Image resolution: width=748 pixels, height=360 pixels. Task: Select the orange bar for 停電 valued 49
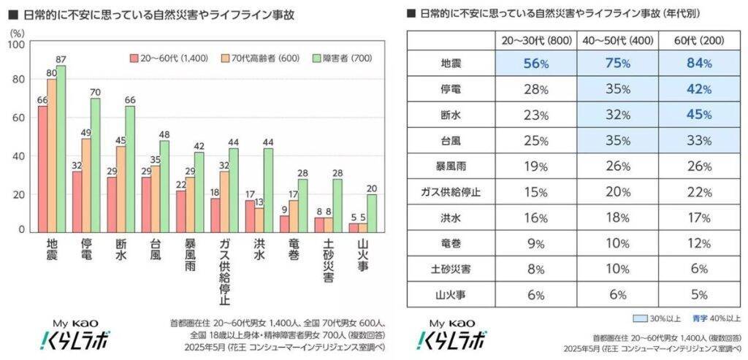point(86,185)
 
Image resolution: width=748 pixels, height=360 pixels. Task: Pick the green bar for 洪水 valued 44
point(268,190)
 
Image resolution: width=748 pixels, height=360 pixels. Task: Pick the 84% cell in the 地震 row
point(699,64)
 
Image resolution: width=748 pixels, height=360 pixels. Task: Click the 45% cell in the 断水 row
point(699,114)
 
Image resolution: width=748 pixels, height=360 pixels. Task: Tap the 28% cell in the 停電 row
point(535,89)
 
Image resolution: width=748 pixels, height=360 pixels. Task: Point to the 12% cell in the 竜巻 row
point(699,242)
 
